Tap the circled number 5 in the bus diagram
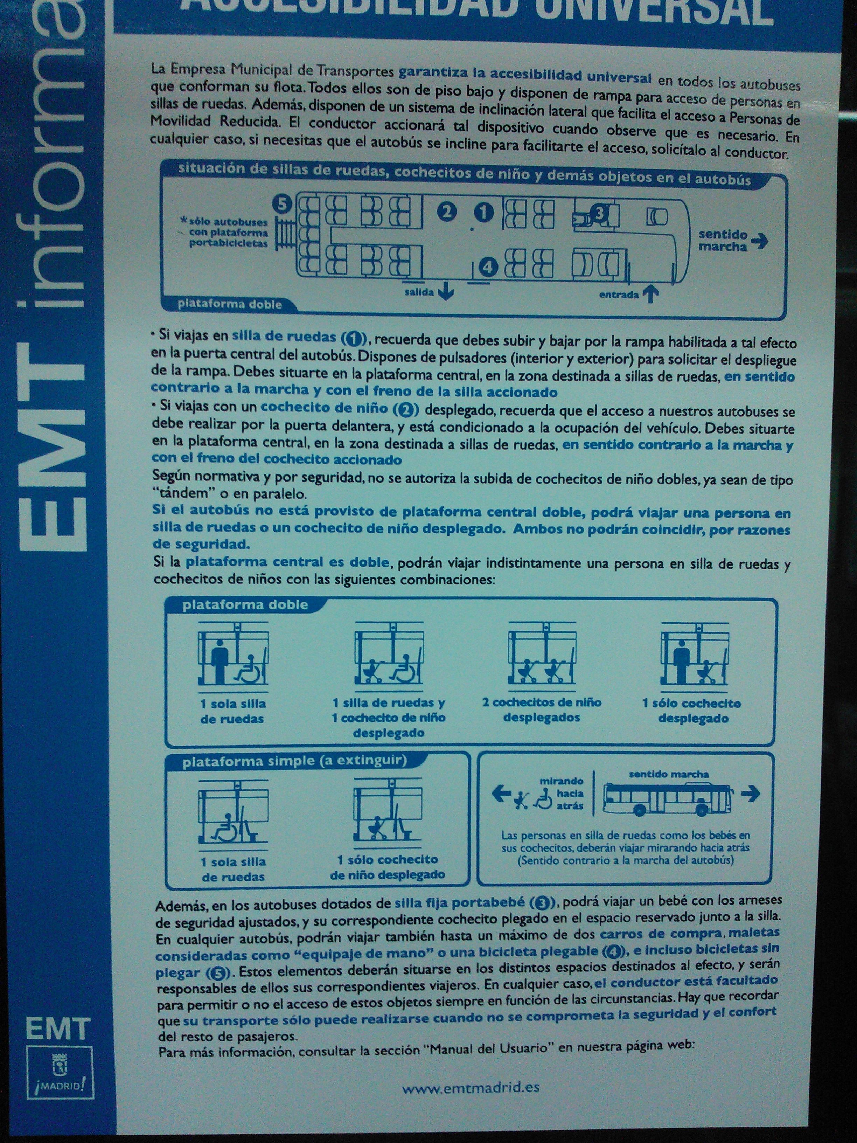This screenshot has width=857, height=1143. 282,203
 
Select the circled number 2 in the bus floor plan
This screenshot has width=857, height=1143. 447,212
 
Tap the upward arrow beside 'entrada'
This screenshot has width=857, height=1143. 650,294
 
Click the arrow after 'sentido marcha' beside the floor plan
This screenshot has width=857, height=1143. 760,241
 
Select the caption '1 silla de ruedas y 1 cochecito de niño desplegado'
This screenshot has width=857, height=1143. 389,718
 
